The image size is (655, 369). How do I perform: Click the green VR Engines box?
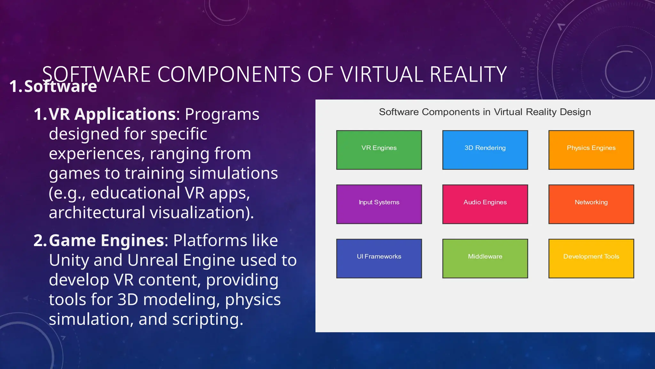tap(379, 150)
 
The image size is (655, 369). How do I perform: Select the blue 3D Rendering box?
tap(485, 150)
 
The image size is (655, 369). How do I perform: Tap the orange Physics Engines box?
tap(591, 150)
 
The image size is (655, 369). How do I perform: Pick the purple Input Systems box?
tap(379, 204)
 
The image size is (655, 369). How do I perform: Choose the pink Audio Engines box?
tap(485, 204)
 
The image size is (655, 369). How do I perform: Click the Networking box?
tap(591, 204)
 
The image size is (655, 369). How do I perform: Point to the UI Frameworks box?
tap(379, 258)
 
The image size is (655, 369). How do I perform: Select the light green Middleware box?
tap(485, 258)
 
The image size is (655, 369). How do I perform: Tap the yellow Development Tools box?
tap(591, 258)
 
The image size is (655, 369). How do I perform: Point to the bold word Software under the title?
tap(60, 86)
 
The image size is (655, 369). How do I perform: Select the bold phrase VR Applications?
tap(112, 114)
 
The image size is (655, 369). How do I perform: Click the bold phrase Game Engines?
tap(107, 241)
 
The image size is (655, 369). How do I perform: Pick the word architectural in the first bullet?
tap(97, 213)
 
